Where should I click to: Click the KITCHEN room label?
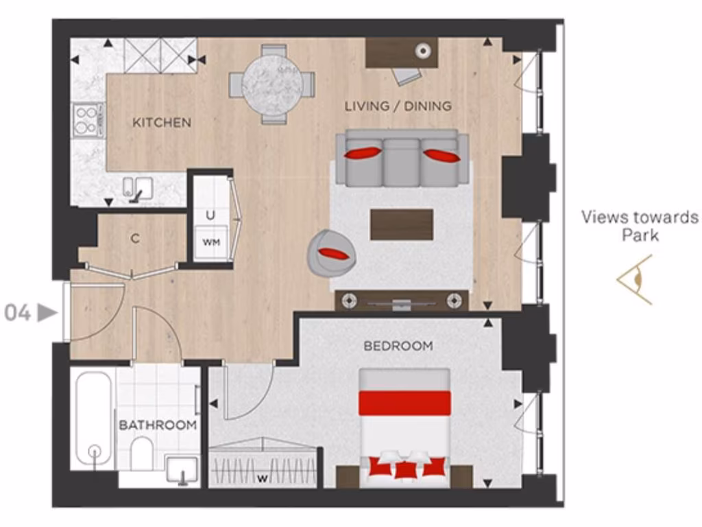coord(162,123)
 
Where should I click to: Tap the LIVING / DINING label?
coord(398,106)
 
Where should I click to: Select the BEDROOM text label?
coord(398,346)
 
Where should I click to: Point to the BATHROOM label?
coord(158,425)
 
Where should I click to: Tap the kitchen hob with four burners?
coord(88,121)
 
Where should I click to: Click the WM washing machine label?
coord(210,242)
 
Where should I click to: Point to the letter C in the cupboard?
coord(136,239)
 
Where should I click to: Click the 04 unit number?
coord(18,314)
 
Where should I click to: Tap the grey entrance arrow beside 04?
coord(47,314)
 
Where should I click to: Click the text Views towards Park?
coord(640,226)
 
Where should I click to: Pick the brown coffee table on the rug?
coord(401,224)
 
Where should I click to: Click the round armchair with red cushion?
coord(332,252)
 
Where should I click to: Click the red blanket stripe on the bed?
coord(405,403)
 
